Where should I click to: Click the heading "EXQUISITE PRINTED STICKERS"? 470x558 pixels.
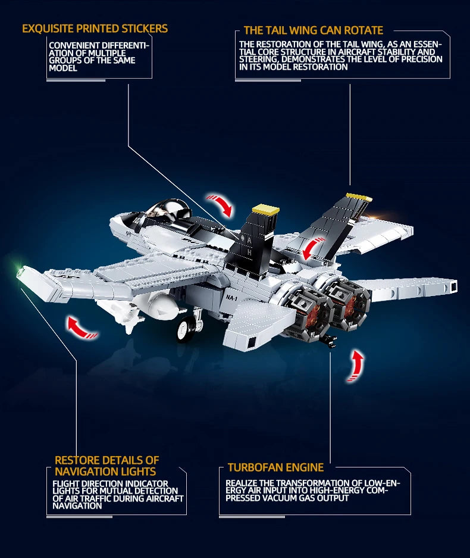point(95,29)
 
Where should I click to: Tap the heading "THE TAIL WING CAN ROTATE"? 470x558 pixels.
point(313,30)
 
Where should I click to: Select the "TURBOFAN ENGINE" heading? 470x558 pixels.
point(275,467)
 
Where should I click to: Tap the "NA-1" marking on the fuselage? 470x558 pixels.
point(231,298)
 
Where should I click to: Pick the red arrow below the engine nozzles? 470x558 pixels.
point(356,366)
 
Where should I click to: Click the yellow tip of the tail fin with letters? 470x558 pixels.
point(265,209)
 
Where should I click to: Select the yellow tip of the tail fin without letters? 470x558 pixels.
point(359,198)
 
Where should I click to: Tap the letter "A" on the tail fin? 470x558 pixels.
point(249,241)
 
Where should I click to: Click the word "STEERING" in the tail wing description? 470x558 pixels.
point(259,59)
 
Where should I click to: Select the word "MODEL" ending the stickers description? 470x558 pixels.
point(63,68)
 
